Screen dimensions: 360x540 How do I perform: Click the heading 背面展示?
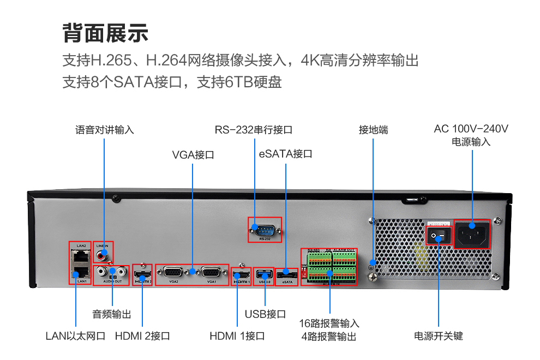(106, 33)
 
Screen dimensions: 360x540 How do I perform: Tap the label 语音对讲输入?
(104, 130)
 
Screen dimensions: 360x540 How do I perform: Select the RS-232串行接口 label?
(254, 130)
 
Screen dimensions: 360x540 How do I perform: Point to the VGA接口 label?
(193, 155)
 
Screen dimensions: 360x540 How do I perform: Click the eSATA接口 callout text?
(286, 154)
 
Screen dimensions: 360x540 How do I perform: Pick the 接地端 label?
(373, 130)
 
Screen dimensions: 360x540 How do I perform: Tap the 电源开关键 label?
(439, 336)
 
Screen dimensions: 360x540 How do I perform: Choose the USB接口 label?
(265, 314)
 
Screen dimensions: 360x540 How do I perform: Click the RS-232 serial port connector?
(265, 229)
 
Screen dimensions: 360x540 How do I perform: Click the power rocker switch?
(438, 237)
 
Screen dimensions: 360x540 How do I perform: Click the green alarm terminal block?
(329, 266)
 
